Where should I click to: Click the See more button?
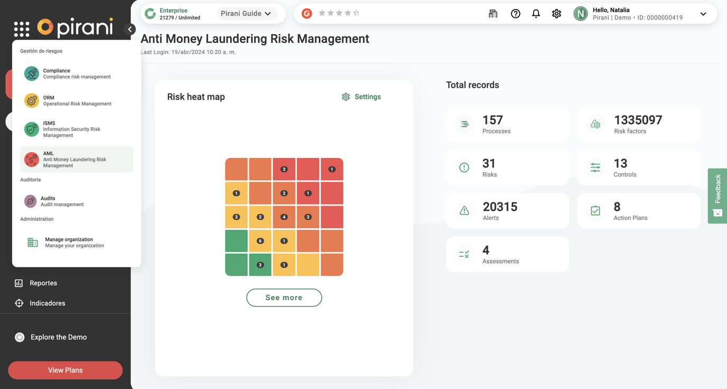[x=284, y=298]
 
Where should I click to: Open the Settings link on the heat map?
[x=361, y=97]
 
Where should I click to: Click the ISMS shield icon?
[x=32, y=129]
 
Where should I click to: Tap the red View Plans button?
[x=65, y=370]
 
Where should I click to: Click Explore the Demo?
[x=51, y=337]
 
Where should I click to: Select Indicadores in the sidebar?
[x=40, y=303]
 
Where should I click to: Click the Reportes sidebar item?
[x=36, y=283]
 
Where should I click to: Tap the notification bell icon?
[x=536, y=14]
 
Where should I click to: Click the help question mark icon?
[x=515, y=14]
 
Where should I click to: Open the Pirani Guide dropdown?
[x=246, y=14]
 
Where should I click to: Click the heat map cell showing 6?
[x=260, y=241]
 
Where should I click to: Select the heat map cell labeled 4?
[x=284, y=217]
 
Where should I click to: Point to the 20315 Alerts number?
[x=500, y=207]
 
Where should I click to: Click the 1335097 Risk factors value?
[x=638, y=120]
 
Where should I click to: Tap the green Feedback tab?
[x=717, y=196]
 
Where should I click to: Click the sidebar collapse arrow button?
[x=130, y=29]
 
